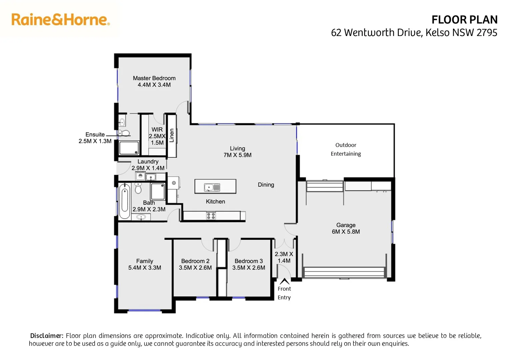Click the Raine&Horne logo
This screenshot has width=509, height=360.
pos(60,20)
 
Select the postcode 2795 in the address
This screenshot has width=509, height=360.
pos(487,33)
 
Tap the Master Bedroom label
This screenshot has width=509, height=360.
pos(154,78)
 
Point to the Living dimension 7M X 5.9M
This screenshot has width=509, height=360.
pos(237,155)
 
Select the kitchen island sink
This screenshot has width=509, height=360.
pos(212,187)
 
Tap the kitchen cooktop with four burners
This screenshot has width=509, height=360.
pos(211,216)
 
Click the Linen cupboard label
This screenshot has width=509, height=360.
pos(172,135)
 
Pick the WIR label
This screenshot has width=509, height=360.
pos(157,129)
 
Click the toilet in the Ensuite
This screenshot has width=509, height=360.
pos(124,133)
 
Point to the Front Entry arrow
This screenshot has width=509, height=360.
pos(284,281)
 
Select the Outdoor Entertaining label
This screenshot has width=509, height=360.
pos(345,149)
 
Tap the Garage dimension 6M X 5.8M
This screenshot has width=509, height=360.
pos(345,232)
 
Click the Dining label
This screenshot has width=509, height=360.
pos(266,185)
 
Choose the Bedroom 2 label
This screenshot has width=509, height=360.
pos(195,261)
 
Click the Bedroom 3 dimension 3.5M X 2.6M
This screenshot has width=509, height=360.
pos(249,268)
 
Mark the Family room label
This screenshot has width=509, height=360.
pos(145,261)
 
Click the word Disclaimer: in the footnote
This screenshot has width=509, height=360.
pos(47,336)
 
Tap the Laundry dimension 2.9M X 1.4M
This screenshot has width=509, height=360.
pos(148,168)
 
